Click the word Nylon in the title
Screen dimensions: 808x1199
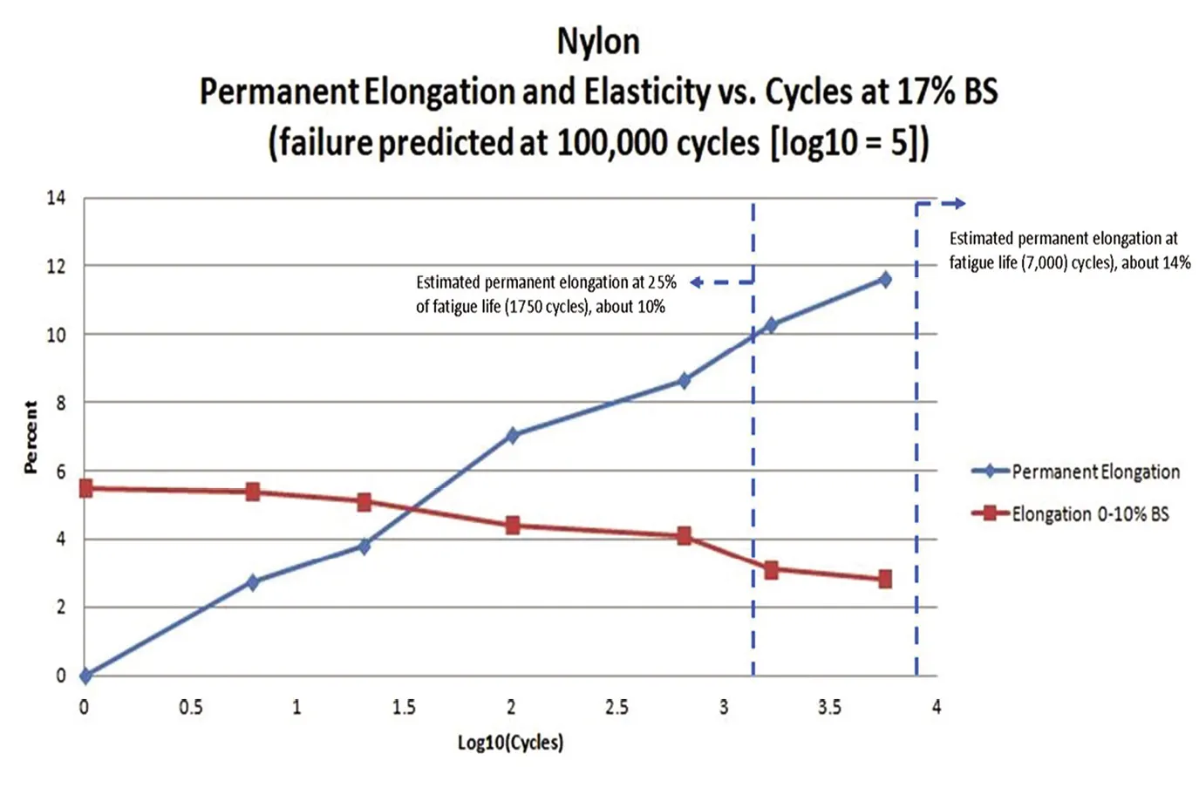[x=598, y=41]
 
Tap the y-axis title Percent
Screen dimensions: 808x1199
[x=31, y=438]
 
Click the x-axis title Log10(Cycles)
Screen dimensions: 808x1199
[x=510, y=742]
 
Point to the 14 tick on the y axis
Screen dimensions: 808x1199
[x=56, y=198]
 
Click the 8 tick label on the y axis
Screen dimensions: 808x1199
[x=60, y=403]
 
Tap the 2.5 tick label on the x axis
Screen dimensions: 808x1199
[x=617, y=707]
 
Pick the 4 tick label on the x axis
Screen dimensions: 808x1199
[x=937, y=707]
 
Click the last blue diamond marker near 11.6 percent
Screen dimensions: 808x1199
[x=885, y=279]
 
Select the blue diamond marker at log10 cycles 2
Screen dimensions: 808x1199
[x=513, y=435]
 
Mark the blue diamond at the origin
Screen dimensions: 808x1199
[x=85, y=676]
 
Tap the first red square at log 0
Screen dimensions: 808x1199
[x=85, y=488]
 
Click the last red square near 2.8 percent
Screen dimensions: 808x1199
[x=885, y=579]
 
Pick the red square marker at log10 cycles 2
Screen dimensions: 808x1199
[x=513, y=526]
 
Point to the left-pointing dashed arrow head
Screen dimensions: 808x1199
[x=696, y=282]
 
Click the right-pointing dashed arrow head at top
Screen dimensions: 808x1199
[x=959, y=203]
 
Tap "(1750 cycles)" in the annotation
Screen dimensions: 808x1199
[x=547, y=307]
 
